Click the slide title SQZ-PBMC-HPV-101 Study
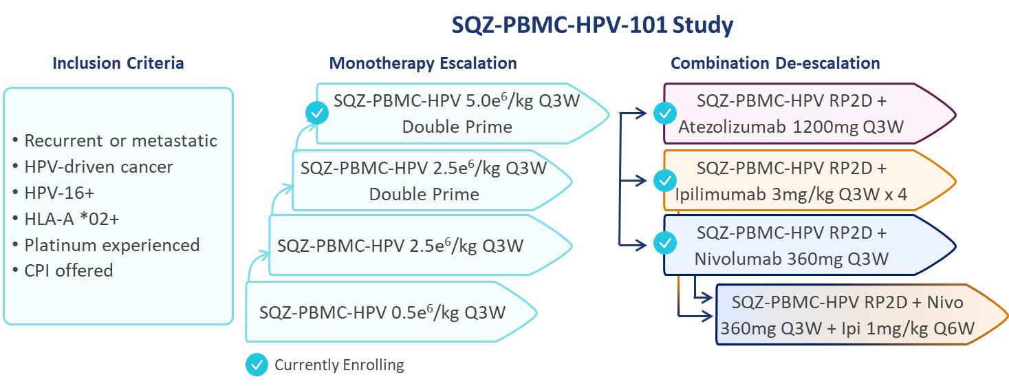[592, 25]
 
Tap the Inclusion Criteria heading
[118, 64]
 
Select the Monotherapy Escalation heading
[423, 64]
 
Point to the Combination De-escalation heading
[775, 64]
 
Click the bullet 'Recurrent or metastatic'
[120, 141]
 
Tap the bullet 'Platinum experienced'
[111, 245]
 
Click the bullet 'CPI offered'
[68, 270]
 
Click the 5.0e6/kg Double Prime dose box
[457, 114]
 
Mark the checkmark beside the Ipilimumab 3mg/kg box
[664, 180]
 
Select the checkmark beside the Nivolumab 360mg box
[664, 243]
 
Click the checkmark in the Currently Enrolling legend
[257, 365]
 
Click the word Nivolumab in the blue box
[730, 259]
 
